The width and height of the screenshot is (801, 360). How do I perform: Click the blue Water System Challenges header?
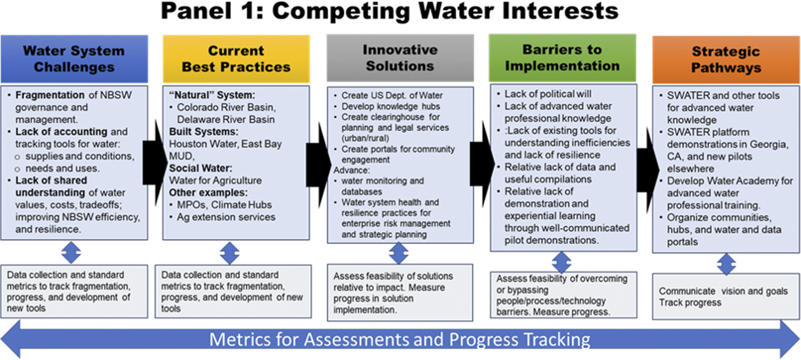[74, 59]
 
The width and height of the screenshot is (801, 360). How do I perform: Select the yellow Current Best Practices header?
[236, 59]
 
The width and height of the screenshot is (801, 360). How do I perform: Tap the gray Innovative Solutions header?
[400, 58]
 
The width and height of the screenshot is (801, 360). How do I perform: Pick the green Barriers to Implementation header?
[562, 57]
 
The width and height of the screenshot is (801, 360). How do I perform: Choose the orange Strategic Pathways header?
[726, 59]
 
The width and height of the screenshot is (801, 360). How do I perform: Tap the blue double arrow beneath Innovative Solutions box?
[399, 253]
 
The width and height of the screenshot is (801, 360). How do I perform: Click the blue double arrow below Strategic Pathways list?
[726, 264]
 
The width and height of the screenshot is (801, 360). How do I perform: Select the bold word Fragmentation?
[50, 95]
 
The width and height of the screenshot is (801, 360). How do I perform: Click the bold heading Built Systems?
[203, 132]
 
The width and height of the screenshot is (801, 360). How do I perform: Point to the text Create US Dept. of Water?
[392, 95]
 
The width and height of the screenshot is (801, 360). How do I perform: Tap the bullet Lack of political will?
[547, 94]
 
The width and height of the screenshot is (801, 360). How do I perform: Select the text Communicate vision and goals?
[723, 291]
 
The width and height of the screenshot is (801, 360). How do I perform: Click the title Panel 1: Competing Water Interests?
[389, 12]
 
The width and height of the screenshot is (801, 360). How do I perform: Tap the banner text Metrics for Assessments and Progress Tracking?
[399, 339]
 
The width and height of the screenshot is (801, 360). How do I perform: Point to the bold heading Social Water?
[200, 168]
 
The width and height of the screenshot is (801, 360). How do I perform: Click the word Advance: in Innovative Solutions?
[351, 170]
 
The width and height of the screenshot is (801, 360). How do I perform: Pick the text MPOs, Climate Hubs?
[224, 205]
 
